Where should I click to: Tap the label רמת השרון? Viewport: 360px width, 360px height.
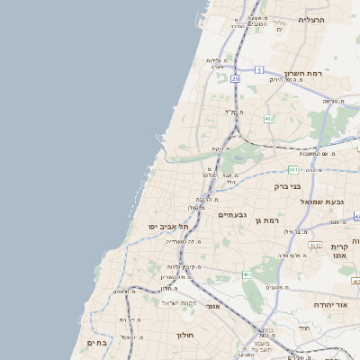(303, 73)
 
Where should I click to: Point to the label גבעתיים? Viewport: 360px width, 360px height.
(232, 215)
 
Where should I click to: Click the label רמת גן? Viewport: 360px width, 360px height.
(269, 220)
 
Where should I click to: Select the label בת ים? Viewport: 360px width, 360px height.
(97, 343)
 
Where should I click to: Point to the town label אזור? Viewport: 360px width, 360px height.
(213, 307)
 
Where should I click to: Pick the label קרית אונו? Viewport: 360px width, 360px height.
(339, 251)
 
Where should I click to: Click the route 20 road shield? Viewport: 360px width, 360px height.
(235, 79)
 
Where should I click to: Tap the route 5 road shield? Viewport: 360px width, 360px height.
(258, 69)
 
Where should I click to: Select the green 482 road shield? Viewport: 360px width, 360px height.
(268, 119)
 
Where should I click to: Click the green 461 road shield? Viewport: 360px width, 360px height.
(247, 274)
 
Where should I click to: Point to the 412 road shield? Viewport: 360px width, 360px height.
(314, 244)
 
